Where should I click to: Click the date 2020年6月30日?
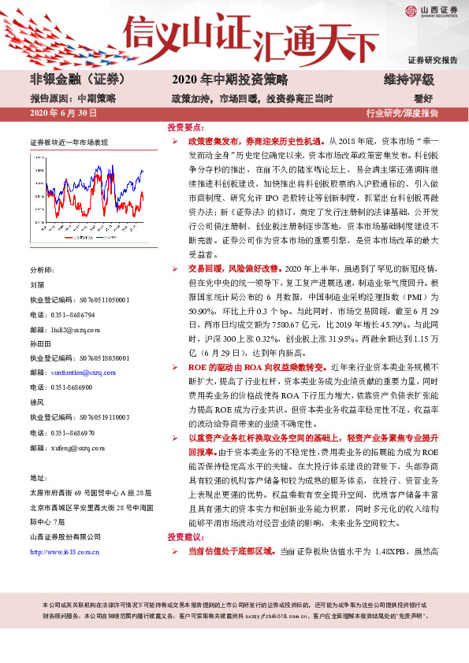click(x=63, y=113)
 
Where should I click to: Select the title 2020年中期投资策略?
click(x=230, y=80)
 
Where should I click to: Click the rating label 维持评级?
click(x=409, y=80)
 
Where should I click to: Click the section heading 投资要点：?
click(x=186, y=126)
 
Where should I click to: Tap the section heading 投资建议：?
click(x=186, y=537)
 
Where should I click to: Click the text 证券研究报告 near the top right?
click(x=432, y=60)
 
